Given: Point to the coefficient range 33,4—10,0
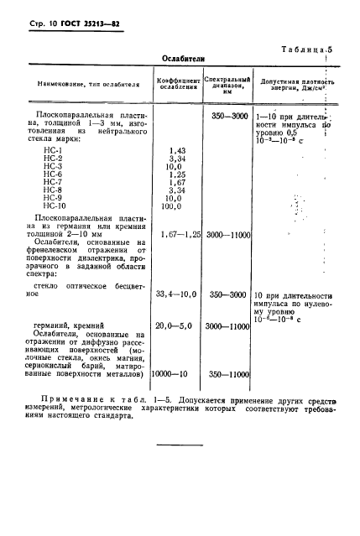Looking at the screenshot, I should pyautogui.click(x=177, y=295).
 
